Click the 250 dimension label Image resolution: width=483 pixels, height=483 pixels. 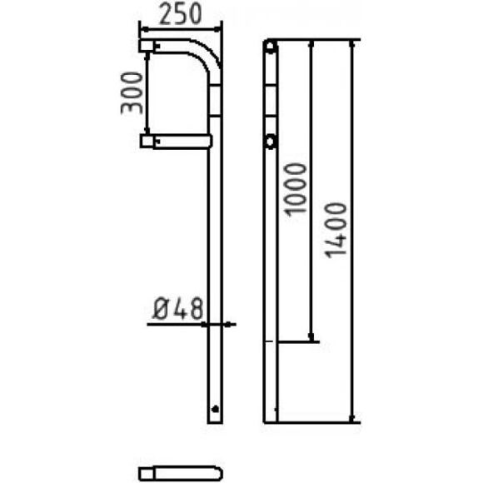(181, 15)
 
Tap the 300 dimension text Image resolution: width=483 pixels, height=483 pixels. (132, 93)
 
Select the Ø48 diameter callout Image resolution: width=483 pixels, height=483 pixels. (178, 308)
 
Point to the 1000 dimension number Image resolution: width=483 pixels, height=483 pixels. (296, 189)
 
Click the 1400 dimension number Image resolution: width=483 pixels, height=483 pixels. (336, 230)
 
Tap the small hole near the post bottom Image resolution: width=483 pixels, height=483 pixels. (216, 409)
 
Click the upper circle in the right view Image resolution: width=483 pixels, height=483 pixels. (270, 47)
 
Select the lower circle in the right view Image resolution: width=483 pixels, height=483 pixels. (270, 142)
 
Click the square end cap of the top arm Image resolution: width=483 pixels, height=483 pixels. (147, 46)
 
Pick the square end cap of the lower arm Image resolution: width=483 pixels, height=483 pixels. (147, 142)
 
